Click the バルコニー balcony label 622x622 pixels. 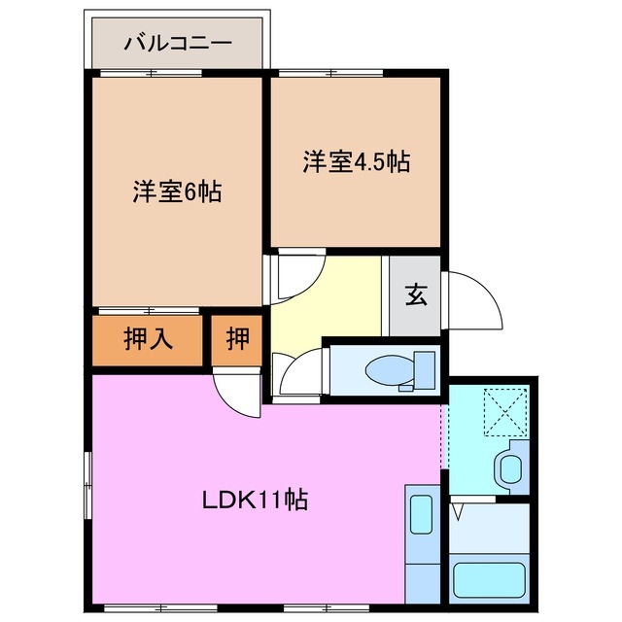177,44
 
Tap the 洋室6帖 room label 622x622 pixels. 177,191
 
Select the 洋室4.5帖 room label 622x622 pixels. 355,161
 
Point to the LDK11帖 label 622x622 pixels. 256,501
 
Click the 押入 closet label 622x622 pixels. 149,339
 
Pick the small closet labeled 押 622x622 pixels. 237,339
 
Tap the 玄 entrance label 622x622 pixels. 416,296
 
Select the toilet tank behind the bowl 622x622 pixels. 424,369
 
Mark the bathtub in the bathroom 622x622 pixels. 492,576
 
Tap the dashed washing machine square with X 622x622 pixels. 505,409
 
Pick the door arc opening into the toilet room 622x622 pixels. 294,371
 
